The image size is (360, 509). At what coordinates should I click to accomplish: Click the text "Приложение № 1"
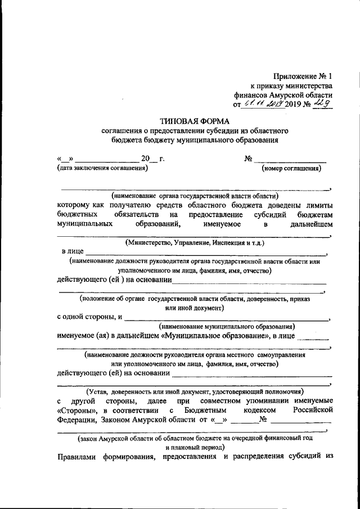coord(303,75)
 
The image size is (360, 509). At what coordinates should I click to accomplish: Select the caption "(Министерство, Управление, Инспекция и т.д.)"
coord(195,243)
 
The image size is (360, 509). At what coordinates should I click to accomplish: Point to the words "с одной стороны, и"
coord(90,317)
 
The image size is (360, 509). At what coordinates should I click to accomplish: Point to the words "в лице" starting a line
coord(72,252)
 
